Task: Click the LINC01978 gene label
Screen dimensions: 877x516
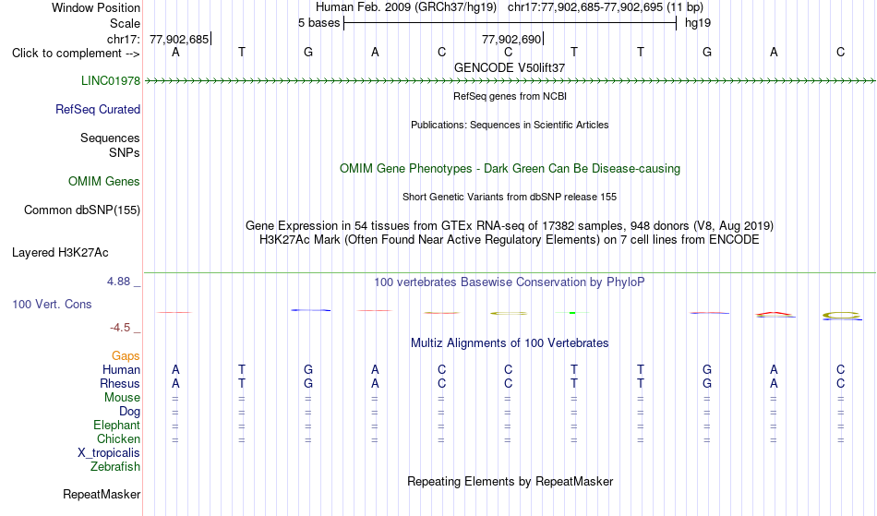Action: [111, 80]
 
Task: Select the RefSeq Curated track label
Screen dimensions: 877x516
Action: [98, 109]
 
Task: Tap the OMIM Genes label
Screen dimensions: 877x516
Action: [104, 181]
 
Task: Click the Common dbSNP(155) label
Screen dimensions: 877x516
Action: [82, 210]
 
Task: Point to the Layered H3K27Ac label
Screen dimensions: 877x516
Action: [60, 252]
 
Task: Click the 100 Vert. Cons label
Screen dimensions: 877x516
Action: [52, 304]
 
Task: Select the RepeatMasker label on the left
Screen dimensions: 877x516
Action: [102, 494]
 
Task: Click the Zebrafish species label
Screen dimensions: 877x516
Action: [115, 466]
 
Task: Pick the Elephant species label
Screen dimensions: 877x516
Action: [117, 425]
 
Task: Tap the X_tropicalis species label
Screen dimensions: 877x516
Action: [109, 453]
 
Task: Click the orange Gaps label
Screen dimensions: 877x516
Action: [126, 355]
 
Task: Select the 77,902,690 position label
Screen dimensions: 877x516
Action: [511, 39]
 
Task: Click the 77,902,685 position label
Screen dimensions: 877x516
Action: [179, 39]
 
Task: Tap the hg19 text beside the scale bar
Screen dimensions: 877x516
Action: [698, 23]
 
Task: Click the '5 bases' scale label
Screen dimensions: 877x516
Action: [318, 23]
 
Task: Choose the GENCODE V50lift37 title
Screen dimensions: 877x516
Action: [510, 67]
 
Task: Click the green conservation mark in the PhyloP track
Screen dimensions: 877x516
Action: [572, 313]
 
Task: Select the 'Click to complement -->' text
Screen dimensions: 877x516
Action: [76, 54]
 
